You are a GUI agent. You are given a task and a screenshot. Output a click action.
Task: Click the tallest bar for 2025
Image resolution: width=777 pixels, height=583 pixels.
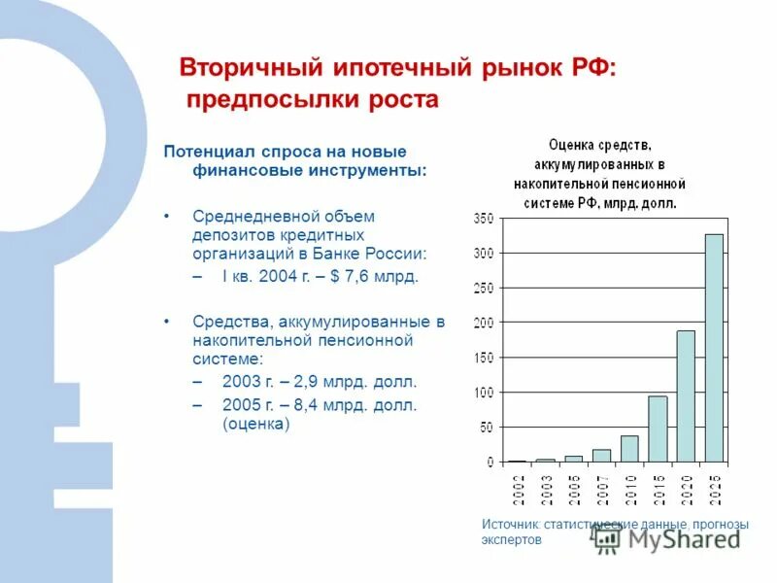[714, 348]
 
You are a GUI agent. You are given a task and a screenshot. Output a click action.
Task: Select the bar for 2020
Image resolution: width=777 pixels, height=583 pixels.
[686, 395]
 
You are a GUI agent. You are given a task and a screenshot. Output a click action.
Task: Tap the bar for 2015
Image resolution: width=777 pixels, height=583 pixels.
[658, 429]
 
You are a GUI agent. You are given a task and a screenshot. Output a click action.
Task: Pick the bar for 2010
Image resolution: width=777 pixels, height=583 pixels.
[629, 448]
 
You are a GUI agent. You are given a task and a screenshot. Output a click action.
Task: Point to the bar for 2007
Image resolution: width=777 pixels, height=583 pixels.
[601, 455]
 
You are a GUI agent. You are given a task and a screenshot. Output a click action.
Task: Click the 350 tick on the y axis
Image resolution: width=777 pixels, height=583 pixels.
[484, 219]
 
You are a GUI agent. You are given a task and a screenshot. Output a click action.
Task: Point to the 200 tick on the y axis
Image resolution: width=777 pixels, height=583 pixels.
[484, 323]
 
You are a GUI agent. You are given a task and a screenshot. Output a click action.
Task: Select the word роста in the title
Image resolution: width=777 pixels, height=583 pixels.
[402, 100]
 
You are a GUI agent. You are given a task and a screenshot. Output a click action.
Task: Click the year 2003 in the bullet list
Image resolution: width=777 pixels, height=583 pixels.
[241, 381]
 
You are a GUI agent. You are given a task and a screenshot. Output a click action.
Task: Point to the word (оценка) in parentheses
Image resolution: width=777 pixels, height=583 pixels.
[256, 425]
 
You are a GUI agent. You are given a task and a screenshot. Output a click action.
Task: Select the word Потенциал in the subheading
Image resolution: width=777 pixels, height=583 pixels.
[209, 152]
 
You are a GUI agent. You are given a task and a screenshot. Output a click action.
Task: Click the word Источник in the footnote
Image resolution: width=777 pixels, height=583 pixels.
[511, 525]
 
